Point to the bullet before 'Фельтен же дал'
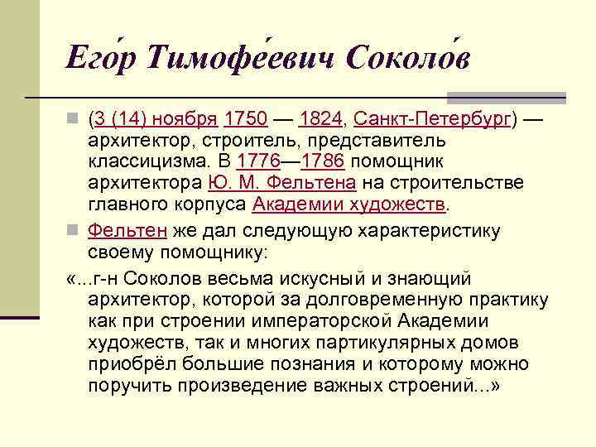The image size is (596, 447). click(x=75, y=230)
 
